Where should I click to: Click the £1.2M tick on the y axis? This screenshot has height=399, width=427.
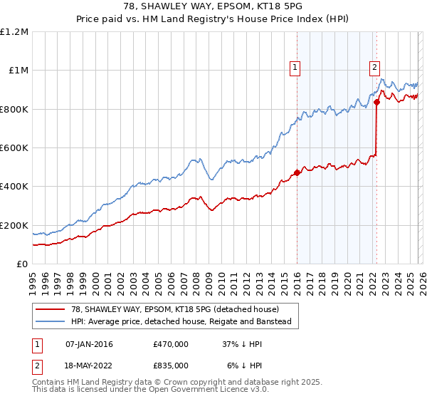[x=14, y=32]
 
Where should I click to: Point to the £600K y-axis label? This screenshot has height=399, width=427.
[x=14, y=148]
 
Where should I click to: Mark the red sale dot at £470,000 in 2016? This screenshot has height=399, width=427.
[x=297, y=172]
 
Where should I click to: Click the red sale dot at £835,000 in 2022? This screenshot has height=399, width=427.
[x=376, y=102]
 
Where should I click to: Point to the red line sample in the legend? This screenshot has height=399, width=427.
[x=50, y=309]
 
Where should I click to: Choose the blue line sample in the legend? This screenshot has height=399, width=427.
[x=50, y=321]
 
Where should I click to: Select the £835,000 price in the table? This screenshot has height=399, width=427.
[x=170, y=365]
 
